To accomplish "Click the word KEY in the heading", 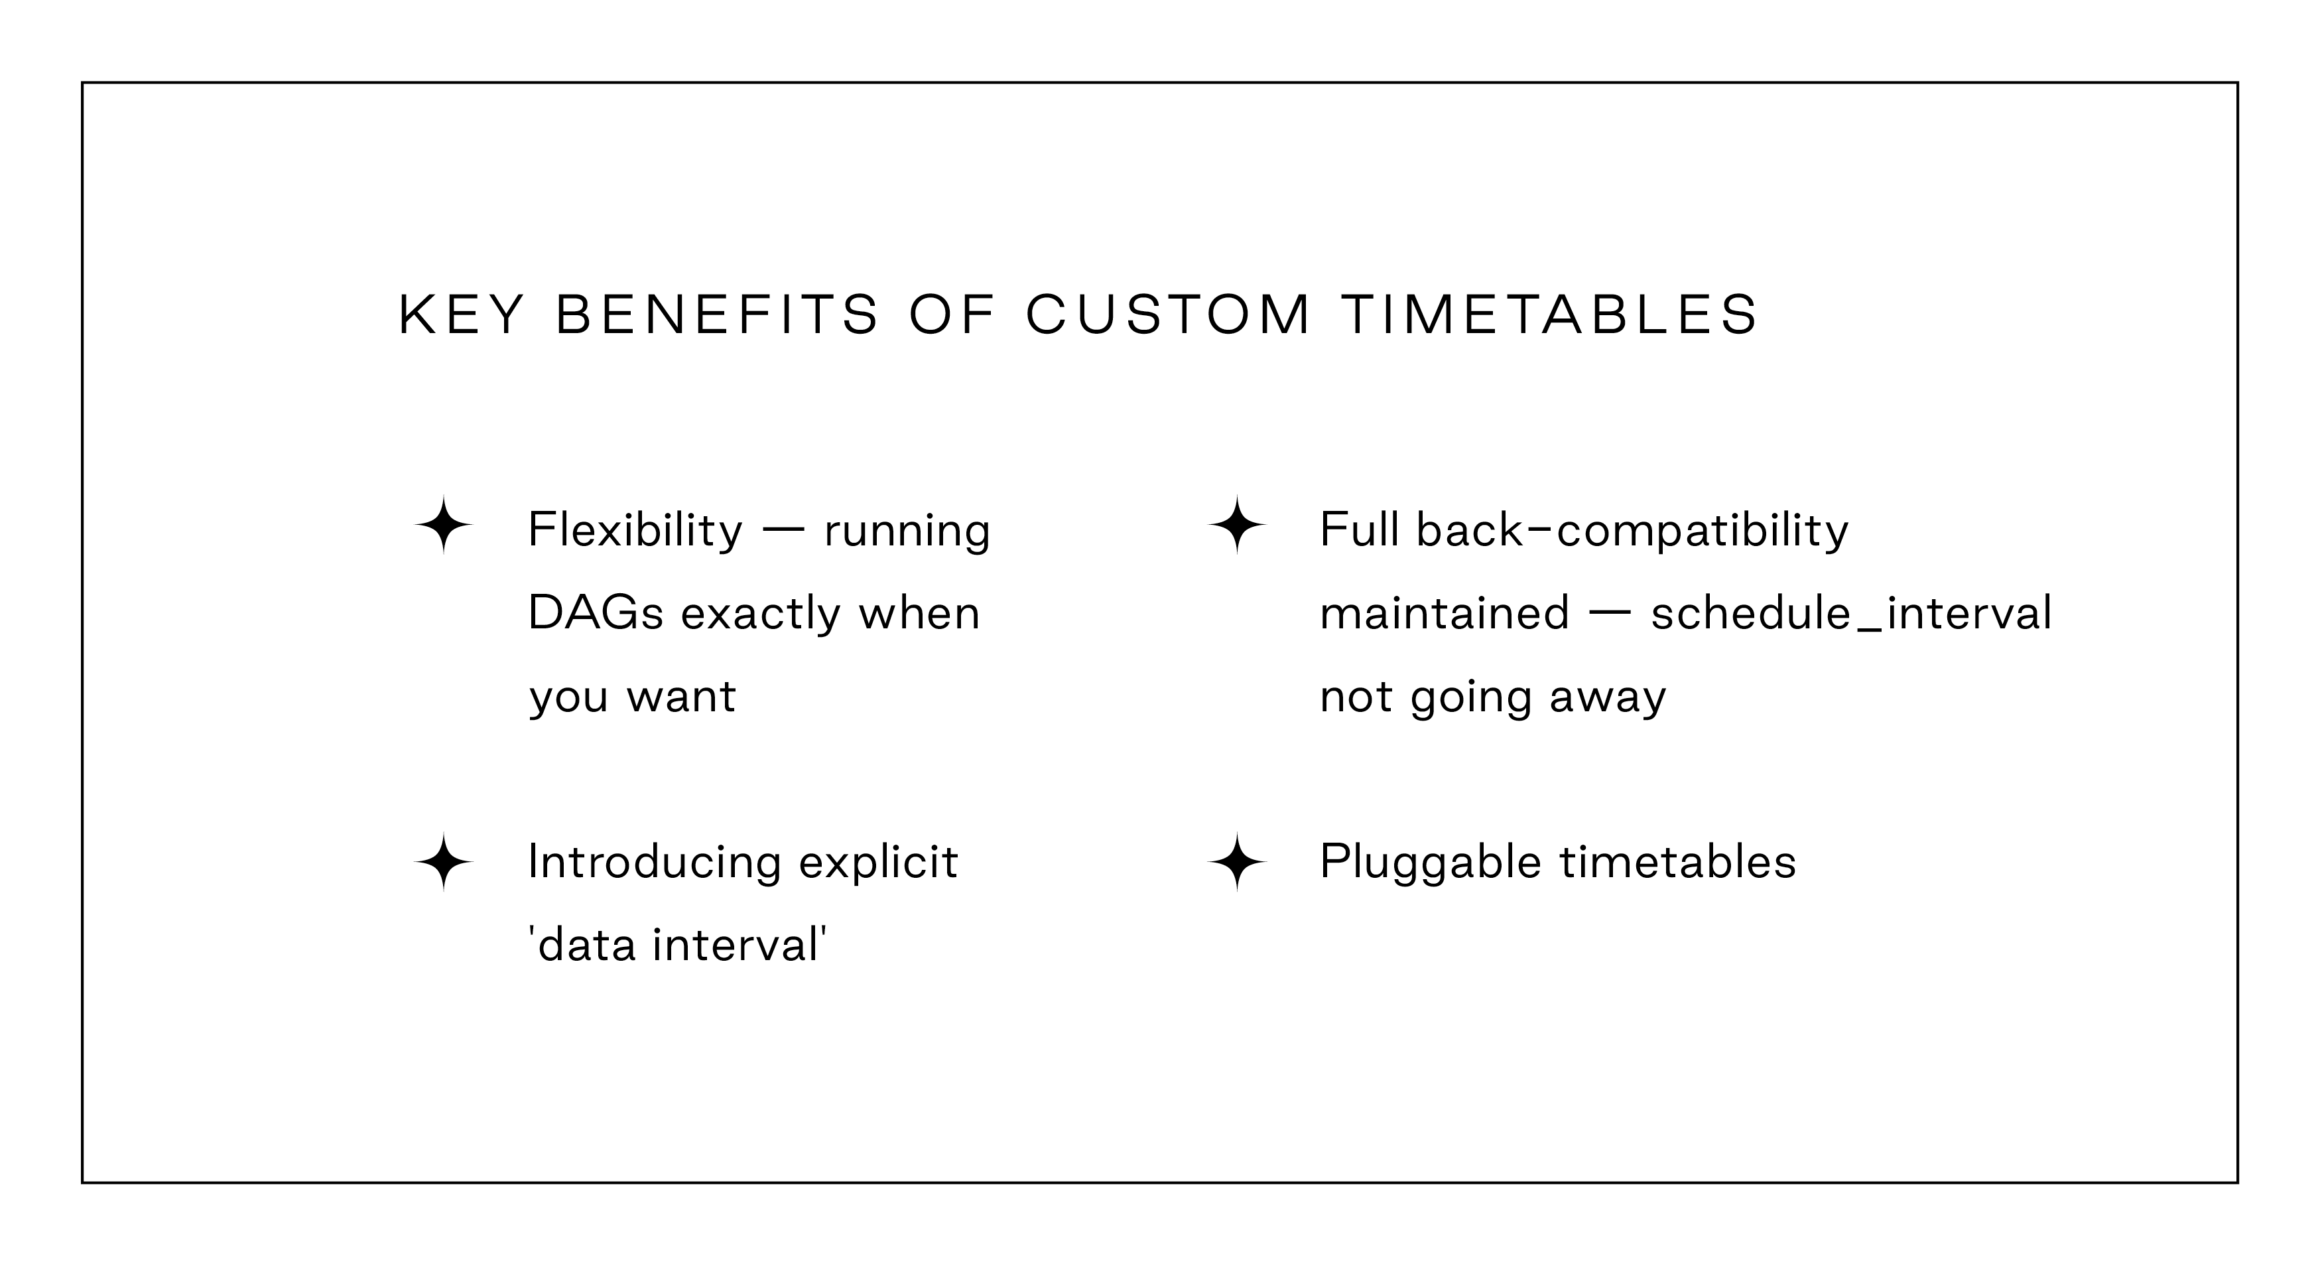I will [460, 315].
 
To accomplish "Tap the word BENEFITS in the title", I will [717, 315].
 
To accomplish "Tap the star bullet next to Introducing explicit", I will [443, 863].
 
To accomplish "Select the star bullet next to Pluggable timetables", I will [1236, 863].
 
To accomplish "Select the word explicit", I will [878, 863].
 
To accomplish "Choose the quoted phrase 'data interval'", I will [677, 946].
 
